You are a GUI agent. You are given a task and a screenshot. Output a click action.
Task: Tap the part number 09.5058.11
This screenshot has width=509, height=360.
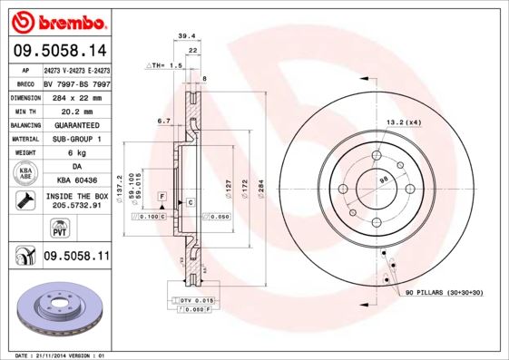coord(77,257)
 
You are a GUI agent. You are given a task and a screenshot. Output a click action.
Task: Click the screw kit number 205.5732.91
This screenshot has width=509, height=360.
coord(77,206)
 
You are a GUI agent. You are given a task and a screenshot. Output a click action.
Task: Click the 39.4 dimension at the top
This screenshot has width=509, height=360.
coord(186,37)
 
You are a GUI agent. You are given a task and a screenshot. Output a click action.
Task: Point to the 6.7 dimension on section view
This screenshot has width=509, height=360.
coord(165,120)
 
